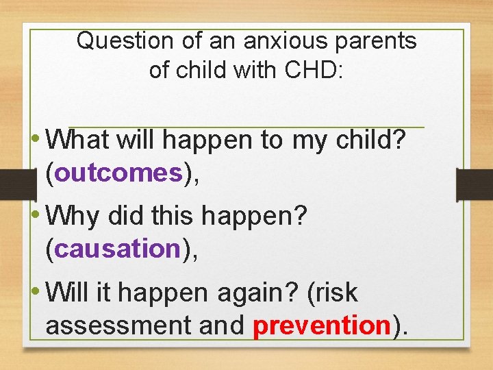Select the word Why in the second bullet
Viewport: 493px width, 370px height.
pos(73,217)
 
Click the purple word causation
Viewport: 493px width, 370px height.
pos(116,249)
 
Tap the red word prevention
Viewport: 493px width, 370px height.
pos(322,325)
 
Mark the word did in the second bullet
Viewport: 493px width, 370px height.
pos(127,217)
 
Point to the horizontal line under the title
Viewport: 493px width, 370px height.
pos(246,127)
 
